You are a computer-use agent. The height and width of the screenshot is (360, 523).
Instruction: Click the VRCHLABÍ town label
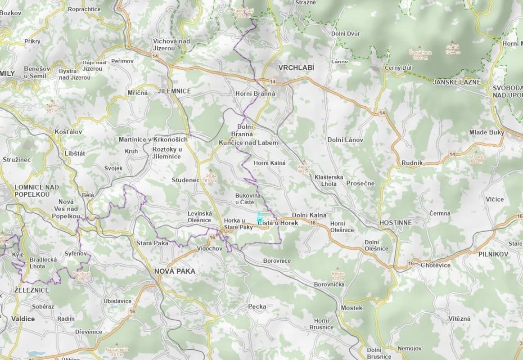[296, 67]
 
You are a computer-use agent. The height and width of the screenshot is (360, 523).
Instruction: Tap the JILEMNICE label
[175, 91]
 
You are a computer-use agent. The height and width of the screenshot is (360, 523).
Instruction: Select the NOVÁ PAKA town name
[175, 271]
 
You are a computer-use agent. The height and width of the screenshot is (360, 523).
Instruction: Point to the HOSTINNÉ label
[396, 223]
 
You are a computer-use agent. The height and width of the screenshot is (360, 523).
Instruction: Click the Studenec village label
[185, 180]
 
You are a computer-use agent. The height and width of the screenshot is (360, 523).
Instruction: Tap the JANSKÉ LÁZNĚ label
[457, 82]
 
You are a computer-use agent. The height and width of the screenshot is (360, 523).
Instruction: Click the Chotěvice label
[436, 265]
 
